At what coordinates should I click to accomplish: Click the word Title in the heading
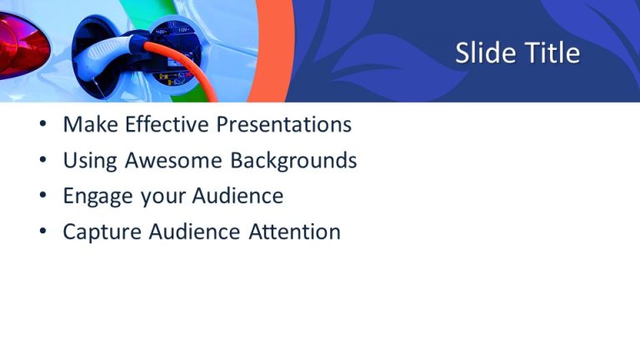click(552, 53)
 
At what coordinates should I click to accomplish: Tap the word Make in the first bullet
click(90, 125)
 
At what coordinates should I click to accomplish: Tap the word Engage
click(95, 197)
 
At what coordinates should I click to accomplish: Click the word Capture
click(102, 232)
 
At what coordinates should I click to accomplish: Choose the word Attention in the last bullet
click(294, 232)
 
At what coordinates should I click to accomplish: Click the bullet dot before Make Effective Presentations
click(42, 127)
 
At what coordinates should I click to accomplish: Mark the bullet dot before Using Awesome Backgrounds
click(42, 162)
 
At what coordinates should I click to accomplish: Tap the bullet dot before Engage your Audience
click(42, 197)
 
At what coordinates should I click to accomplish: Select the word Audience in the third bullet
click(237, 197)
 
